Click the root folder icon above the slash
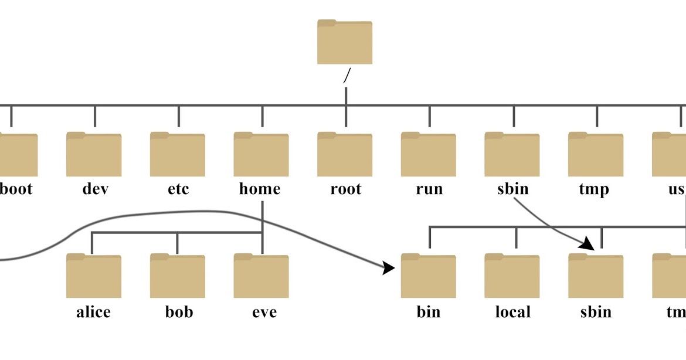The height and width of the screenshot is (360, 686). point(345,42)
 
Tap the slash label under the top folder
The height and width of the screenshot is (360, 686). point(347,75)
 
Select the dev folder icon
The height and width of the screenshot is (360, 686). point(94,155)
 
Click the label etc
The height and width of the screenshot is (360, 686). point(178,189)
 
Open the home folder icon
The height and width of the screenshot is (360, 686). point(261,155)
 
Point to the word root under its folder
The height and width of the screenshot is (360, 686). point(346,189)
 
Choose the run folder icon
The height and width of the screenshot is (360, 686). point(429,155)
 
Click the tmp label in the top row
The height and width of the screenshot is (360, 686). point(594,189)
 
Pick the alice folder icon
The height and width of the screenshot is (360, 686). point(94,277)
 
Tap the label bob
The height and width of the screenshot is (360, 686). point(178,312)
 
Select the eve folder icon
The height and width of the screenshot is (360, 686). point(261,277)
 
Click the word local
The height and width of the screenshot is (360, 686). point(512,312)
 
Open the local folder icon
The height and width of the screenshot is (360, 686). point(512,277)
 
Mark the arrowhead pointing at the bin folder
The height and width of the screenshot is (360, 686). point(389,269)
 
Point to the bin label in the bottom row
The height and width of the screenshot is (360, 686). point(429,312)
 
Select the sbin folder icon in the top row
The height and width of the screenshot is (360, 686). point(512,155)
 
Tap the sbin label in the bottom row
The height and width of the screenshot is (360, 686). point(596,312)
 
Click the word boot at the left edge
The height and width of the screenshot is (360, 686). point(16,189)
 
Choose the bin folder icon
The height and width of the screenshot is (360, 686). point(429,277)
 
